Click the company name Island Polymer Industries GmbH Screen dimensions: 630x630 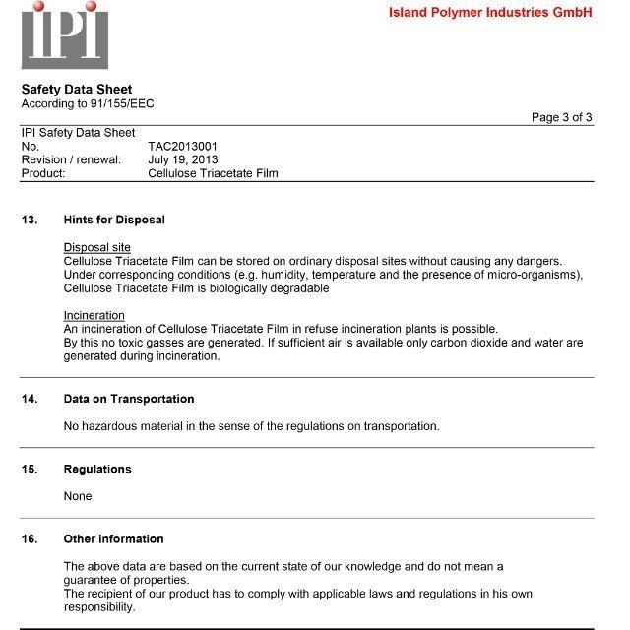point(490,13)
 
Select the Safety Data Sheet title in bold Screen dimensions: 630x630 point(77,89)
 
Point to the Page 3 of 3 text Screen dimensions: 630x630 point(561,117)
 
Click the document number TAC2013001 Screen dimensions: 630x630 point(182,146)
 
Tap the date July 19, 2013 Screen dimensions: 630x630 point(183,159)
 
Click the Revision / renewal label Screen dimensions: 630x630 point(71,159)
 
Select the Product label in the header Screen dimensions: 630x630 point(43,173)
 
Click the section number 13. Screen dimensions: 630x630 point(30,220)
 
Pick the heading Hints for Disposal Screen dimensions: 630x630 point(114,220)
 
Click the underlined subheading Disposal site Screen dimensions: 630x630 point(97,247)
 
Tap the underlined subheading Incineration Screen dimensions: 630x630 point(94,315)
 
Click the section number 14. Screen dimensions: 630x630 point(30,399)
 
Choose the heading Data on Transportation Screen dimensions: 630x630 point(129,399)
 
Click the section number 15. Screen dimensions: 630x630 point(30,469)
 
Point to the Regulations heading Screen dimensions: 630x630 point(97,469)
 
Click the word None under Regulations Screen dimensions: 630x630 point(78,496)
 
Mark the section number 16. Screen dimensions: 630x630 point(30,538)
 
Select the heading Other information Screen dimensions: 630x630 point(113,538)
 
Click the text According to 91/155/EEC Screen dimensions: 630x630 point(88,103)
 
